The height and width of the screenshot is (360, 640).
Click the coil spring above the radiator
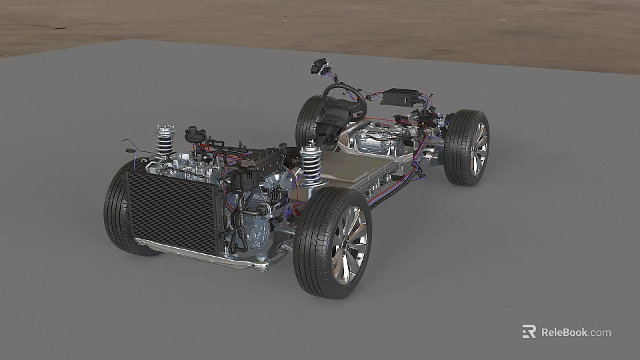[165, 141]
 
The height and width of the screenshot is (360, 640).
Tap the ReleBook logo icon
[529, 331]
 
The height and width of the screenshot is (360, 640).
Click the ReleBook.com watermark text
[575, 332]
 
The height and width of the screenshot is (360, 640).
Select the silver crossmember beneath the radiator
[200, 254]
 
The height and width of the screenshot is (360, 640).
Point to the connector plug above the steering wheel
[319, 67]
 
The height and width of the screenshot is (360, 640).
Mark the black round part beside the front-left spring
[194, 133]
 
